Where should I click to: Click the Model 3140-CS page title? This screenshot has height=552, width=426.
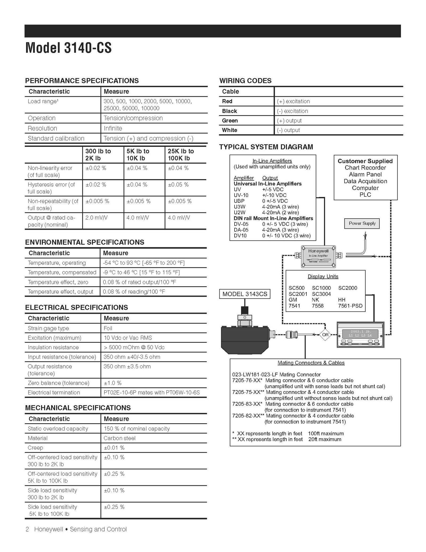point(68,48)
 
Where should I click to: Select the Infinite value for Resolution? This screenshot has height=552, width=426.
point(113,128)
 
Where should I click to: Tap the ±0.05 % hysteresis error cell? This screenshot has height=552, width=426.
point(178,184)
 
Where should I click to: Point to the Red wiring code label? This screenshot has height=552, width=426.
point(227,101)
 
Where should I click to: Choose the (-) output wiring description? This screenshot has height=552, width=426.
point(288,130)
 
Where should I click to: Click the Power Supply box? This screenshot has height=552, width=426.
point(362,223)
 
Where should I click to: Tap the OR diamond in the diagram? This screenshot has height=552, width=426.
point(325,335)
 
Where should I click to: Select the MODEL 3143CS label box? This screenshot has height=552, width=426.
point(245,294)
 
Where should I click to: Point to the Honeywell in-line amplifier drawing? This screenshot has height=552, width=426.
point(318,256)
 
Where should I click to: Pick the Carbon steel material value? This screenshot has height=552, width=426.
point(120,438)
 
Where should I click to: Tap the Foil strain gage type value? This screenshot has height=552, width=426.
point(108,328)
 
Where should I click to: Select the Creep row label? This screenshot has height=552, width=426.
point(35,448)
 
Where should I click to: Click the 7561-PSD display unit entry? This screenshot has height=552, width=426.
point(350,306)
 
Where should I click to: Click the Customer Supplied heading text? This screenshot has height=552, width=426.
point(365,161)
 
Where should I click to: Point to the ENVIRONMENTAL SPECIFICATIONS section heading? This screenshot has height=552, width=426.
point(85,242)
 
